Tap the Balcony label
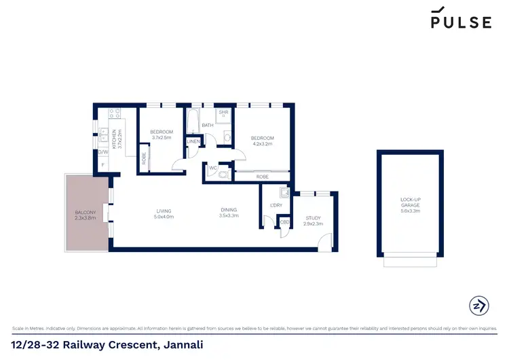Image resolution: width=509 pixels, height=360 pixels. (x=86, y=216)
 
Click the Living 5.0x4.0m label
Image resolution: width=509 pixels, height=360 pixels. (x=164, y=213)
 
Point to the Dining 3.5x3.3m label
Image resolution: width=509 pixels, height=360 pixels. (x=229, y=213)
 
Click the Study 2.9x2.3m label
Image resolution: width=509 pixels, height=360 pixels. (x=313, y=221)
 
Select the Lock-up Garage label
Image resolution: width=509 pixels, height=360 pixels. (x=410, y=205)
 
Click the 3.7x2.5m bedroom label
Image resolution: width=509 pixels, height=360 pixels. (x=162, y=134)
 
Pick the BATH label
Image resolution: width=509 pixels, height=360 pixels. (x=207, y=126)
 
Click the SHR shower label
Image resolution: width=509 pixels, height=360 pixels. (x=223, y=112)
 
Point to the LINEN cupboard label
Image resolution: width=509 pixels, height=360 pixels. (x=193, y=141)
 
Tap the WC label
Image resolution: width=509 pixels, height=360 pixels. (x=212, y=167)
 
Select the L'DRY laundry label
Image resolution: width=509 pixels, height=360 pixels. (x=276, y=204)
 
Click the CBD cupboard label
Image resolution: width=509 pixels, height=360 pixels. (x=284, y=222)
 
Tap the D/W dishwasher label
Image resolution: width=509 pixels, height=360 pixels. (x=102, y=152)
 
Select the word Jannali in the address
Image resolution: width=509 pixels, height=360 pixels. (x=181, y=345)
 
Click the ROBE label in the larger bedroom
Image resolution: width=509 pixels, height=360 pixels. (x=261, y=177)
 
